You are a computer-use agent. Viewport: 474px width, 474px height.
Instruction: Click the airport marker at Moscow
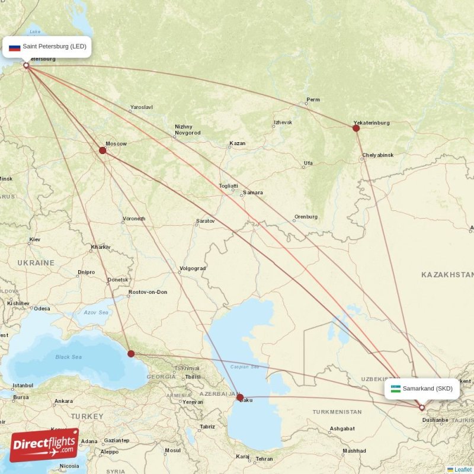pyautogui.click(x=103, y=150)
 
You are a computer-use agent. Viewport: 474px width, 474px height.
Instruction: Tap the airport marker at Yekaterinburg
pyautogui.click(x=356, y=128)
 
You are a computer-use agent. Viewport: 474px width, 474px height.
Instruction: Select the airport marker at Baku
pyautogui.click(x=240, y=398)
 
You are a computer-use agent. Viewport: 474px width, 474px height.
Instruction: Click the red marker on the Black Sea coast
pyautogui.click(x=131, y=354)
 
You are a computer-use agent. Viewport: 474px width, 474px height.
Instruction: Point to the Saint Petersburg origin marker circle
pyautogui.click(x=26, y=65)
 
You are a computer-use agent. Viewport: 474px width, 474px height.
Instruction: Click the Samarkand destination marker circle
pyautogui.click(x=422, y=408)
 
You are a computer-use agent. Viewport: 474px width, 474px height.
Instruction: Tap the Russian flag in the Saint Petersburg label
pyautogui.click(x=14, y=47)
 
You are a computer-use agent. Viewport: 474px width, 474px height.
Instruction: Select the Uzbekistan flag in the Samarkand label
pyautogui.click(x=395, y=389)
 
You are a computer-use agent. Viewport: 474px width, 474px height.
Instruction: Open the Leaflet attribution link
pyautogui.click(x=463, y=469)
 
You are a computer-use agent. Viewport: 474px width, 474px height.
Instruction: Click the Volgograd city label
pyautogui.click(x=193, y=268)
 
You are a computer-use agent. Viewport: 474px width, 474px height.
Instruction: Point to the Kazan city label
pyautogui.click(x=237, y=143)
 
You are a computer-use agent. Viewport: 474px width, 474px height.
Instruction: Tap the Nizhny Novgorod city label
pyautogui.click(x=187, y=130)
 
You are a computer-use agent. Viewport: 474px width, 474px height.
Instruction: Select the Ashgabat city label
pyautogui.click(x=342, y=428)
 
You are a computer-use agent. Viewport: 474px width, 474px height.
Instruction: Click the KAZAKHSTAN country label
pyautogui.click(x=447, y=275)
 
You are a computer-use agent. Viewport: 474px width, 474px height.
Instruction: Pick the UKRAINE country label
pyautogui.click(x=36, y=262)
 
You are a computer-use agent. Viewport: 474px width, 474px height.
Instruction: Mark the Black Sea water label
pyautogui.click(x=68, y=357)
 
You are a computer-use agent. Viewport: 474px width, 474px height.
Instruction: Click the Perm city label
pyautogui.click(x=313, y=100)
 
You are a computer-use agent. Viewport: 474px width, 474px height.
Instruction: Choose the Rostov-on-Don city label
pyautogui.click(x=148, y=292)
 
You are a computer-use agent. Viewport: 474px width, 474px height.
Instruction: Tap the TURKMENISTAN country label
pyautogui.click(x=337, y=411)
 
